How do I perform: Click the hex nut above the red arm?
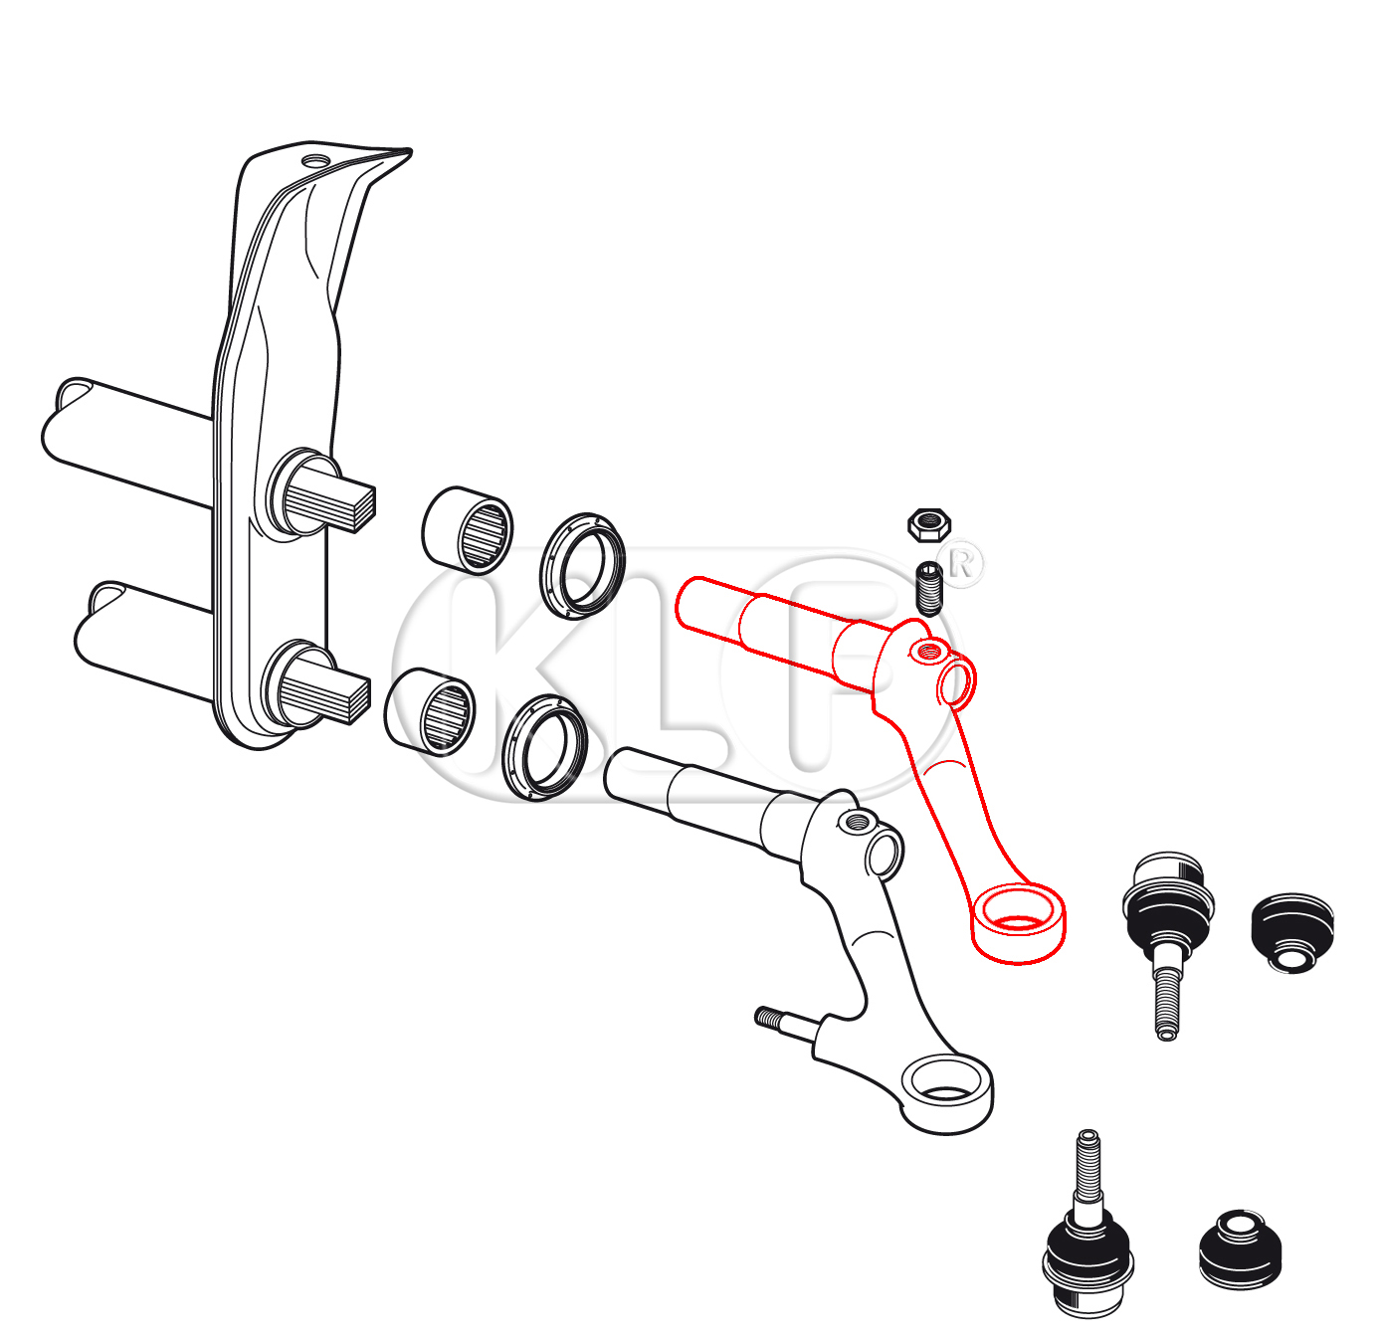pyautogui.click(x=928, y=525)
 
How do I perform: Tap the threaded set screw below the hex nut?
pyautogui.click(x=929, y=588)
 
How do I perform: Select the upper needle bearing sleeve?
pyautogui.click(x=468, y=530)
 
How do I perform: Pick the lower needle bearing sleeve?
pyautogui.click(x=430, y=711)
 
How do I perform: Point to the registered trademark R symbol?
pyautogui.click(x=961, y=564)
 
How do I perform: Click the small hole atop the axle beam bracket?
pyautogui.click(x=316, y=161)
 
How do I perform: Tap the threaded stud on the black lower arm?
pyautogui.click(x=787, y=1022)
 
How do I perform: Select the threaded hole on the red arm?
pyautogui.click(x=927, y=650)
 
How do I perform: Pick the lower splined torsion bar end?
pyautogui.click(x=325, y=692)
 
